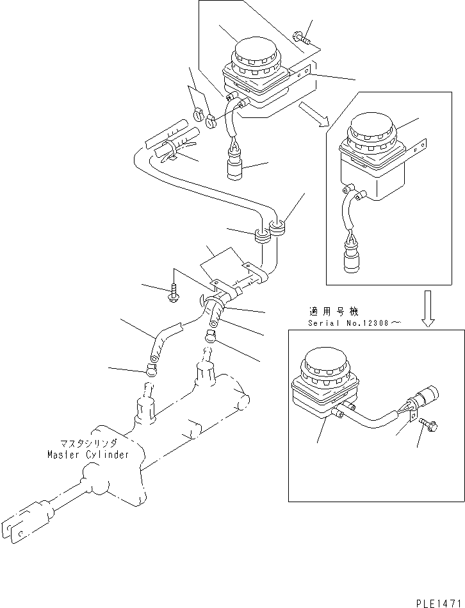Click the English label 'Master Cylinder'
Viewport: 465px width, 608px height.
click(x=88, y=455)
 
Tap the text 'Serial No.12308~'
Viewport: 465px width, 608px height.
click(x=354, y=323)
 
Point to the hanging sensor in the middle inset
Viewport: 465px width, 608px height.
click(x=350, y=260)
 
